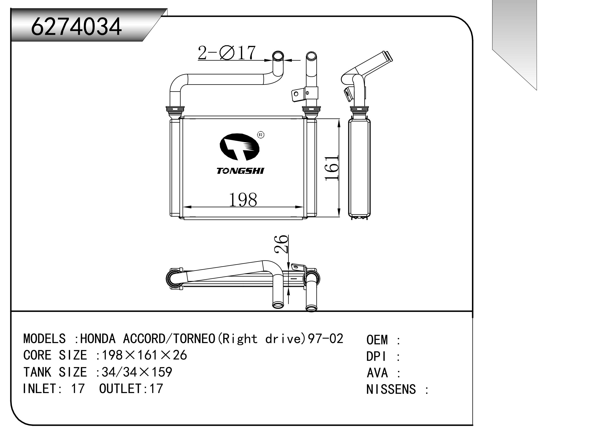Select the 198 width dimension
243,200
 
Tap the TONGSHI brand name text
240,171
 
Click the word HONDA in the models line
98,339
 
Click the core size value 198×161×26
144,355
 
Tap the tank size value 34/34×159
137,372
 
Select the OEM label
377,340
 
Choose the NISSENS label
391,389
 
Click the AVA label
377,373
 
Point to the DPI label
376,357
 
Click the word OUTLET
120,389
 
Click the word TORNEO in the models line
194,339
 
